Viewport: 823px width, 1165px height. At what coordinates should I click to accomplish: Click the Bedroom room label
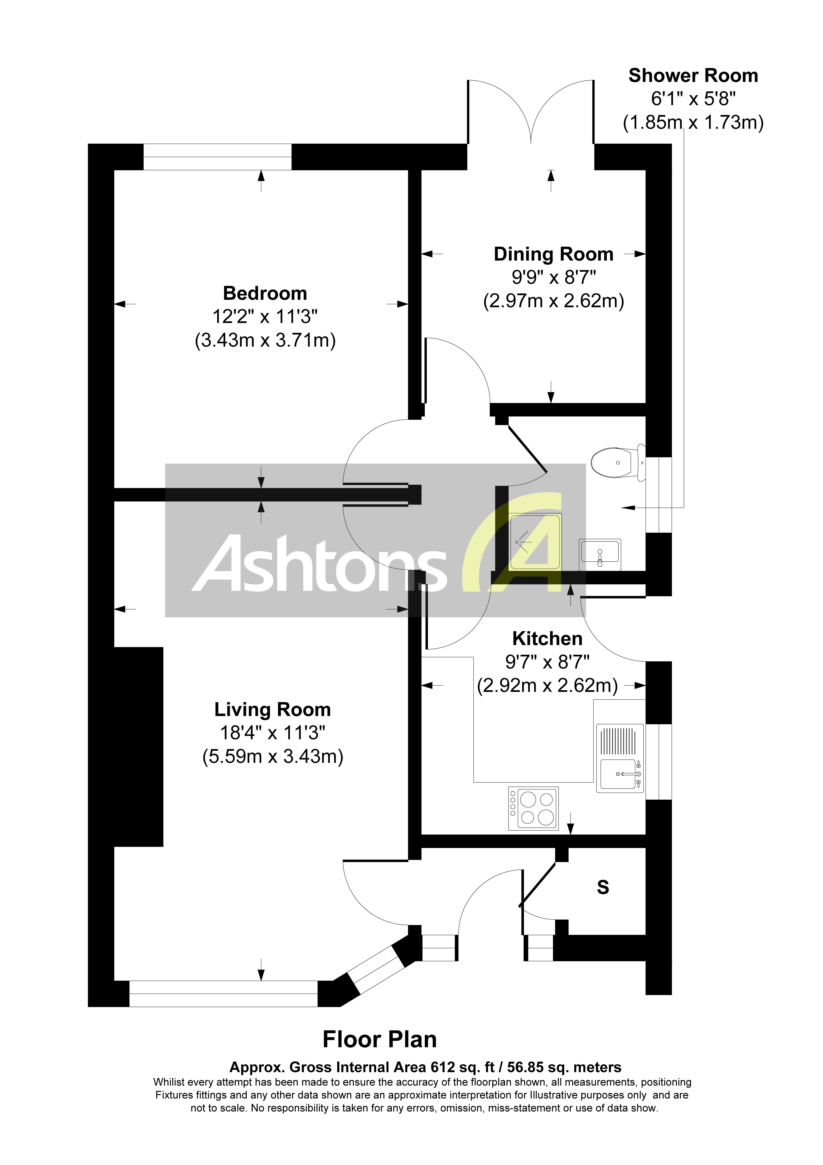coord(265,293)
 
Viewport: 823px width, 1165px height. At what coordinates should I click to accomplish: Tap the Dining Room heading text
coord(554,254)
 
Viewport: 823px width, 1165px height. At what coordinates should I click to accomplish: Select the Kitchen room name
coord(547,638)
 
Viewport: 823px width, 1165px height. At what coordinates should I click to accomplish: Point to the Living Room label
coord(272,709)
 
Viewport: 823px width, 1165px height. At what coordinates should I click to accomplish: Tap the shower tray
coord(535,542)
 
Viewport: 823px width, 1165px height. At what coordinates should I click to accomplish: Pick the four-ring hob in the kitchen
coord(533,808)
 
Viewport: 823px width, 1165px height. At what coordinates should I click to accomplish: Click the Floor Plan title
coord(380,1040)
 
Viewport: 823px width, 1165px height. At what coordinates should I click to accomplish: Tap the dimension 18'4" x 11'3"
coord(272,733)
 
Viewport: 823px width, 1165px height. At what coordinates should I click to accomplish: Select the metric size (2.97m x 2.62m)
coord(554,301)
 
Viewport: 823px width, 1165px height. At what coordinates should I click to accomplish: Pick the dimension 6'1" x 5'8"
coord(693,99)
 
